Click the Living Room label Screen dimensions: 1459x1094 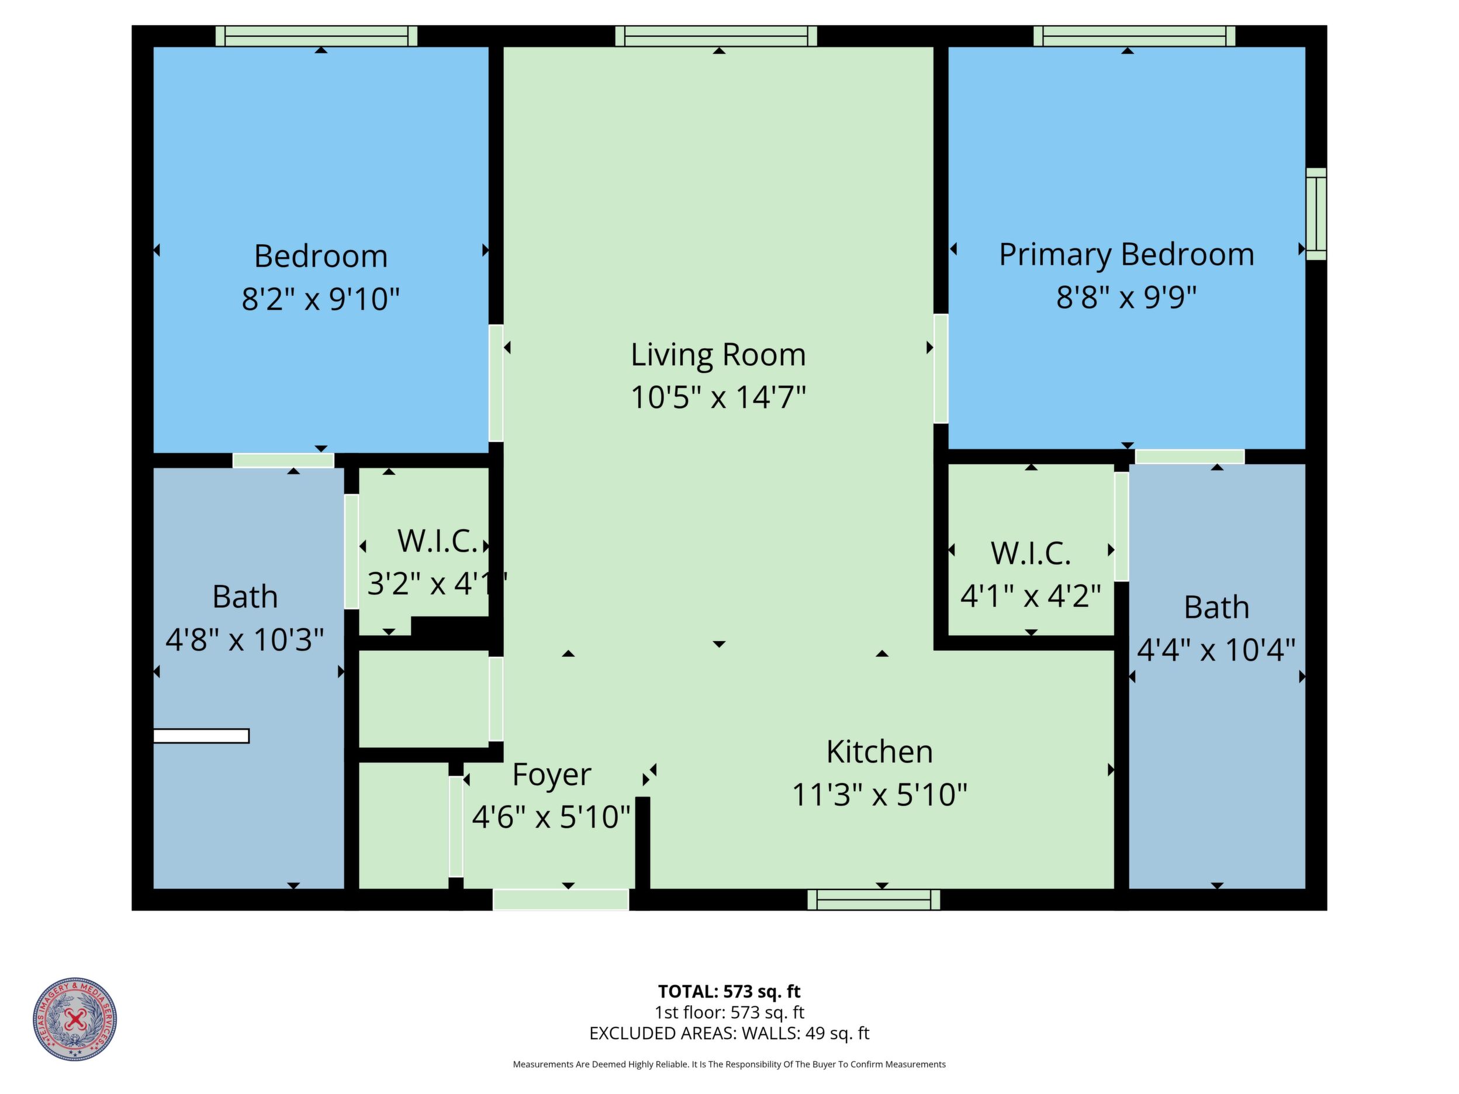tap(718, 355)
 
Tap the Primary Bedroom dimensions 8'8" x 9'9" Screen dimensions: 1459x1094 tap(1126, 297)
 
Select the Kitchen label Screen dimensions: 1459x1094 tap(879, 752)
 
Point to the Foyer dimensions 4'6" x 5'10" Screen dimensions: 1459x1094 tap(551, 817)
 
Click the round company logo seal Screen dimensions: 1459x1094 tap(75, 1019)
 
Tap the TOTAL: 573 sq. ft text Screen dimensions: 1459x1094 tap(729, 991)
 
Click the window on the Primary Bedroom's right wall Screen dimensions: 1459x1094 tap(1316, 214)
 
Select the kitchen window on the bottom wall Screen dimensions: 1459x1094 tap(873, 899)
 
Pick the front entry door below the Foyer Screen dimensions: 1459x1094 tap(561, 899)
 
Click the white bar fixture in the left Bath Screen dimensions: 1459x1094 tap(201, 736)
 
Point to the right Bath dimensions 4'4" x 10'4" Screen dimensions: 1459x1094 tap(1216, 650)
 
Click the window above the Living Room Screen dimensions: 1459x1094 tap(716, 36)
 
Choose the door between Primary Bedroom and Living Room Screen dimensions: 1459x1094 tap(941, 368)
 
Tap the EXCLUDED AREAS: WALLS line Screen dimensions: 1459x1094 tap(729, 1033)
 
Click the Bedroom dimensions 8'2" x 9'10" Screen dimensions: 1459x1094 tap(320, 299)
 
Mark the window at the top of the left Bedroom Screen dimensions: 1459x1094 tap(317, 36)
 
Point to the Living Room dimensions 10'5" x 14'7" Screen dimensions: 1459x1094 tap(718, 397)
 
